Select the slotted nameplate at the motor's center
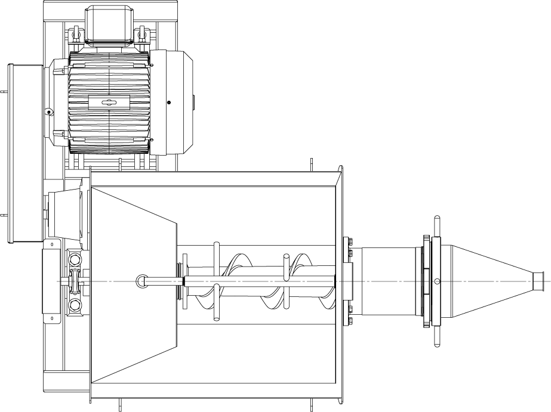point(108,103)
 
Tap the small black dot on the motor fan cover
point(169,103)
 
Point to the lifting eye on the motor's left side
point(48,111)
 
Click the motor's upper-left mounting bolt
point(75,34)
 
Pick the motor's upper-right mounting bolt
point(141,34)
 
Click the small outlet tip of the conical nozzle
point(540,281)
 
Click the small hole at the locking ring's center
point(438,281)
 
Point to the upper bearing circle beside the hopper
point(75,260)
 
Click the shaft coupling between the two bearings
point(75,281)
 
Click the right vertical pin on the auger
point(286,281)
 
